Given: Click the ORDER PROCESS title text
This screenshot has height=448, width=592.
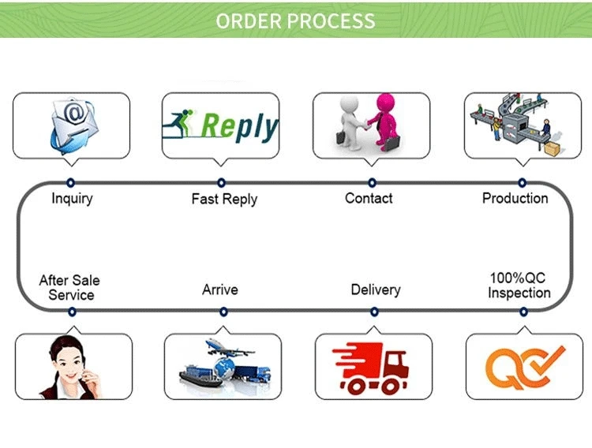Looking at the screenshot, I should point(295,20).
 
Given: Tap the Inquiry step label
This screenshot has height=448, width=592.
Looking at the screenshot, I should point(72,198).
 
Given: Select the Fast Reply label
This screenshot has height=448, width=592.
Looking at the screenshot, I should point(224,199).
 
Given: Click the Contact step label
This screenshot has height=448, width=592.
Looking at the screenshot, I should point(369,198).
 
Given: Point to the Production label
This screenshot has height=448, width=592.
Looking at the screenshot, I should point(515,198).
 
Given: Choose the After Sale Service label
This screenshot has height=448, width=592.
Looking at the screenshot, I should point(70,288).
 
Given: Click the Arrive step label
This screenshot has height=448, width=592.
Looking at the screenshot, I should point(219,289).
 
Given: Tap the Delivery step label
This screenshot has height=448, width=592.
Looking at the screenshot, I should point(375,289).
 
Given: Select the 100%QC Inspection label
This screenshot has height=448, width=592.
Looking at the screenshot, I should point(519,286).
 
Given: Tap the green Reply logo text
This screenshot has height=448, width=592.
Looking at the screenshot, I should point(240,126).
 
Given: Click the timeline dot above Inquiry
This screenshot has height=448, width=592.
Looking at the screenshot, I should point(71,183).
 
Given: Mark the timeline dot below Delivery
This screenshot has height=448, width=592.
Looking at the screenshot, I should point(373,312).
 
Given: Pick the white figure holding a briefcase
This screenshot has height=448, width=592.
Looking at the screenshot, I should point(350,123).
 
